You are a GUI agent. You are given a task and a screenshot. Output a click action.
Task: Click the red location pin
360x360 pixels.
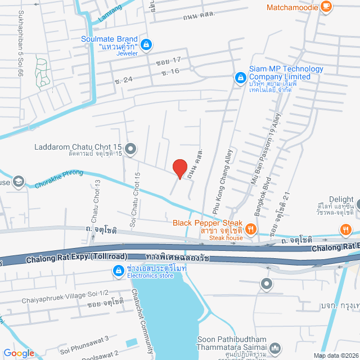click(x=179, y=168)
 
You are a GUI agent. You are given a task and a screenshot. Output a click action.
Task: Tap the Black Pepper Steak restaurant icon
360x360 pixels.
click(x=251, y=229)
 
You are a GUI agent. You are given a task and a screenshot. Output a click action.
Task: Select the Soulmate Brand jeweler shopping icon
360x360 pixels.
click(x=146, y=43)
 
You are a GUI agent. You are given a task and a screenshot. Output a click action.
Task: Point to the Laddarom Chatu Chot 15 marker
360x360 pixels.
click(x=130, y=148)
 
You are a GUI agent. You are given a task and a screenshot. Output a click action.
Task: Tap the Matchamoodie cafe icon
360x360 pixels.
click(x=326, y=7)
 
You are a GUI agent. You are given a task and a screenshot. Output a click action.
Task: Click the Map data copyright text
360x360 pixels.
click(x=335, y=355)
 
